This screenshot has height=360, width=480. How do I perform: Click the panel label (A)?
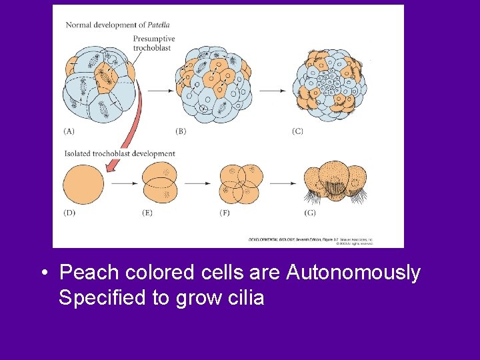click(x=70, y=131)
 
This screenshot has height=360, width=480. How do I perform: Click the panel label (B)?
click(x=180, y=131)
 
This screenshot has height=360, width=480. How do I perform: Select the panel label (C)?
click(x=297, y=131)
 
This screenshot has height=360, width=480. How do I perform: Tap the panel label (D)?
click(x=70, y=213)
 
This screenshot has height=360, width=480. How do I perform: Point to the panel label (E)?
click(x=148, y=213)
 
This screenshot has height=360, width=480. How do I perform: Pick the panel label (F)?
click(x=225, y=213)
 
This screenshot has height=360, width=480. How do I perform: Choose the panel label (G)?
click(x=311, y=213)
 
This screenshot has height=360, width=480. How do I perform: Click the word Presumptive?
click(x=154, y=39)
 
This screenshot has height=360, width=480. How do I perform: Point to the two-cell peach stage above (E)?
click(x=160, y=183)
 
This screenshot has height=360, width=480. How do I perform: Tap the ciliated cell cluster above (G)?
click(x=335, y=181)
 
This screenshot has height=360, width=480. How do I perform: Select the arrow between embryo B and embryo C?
click(x=273, y=89)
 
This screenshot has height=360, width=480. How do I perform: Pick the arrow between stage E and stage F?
click(x=199, y=183)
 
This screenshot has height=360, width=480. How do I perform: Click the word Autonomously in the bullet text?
click(x=353, y=273)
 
